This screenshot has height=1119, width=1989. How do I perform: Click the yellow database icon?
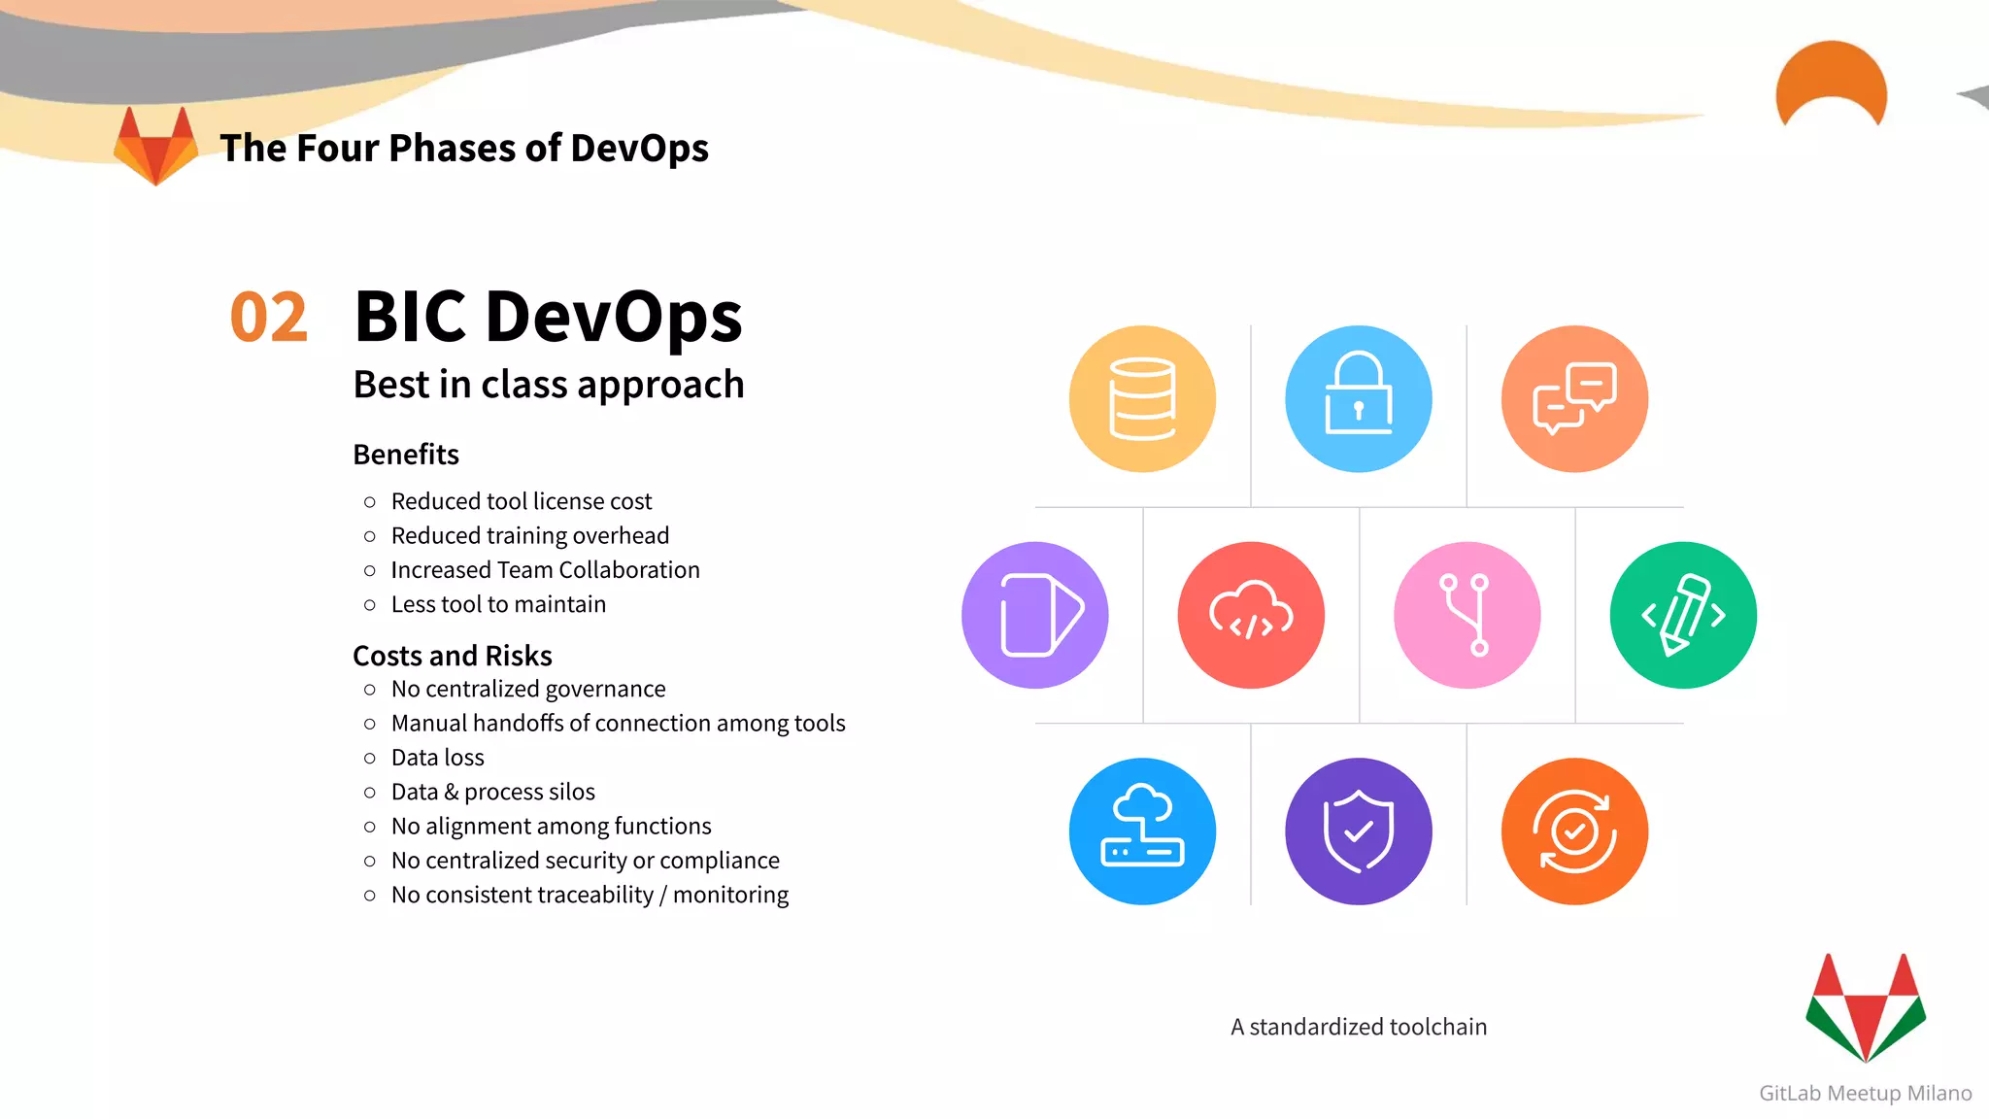click(x=1142, y=399)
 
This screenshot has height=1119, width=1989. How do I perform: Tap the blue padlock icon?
click(x=1358, y=399)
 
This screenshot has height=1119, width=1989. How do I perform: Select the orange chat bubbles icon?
click(x=1574, y=399)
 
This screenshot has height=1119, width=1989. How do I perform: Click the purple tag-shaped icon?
click(x=1035, y=615)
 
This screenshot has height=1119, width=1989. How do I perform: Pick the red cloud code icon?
click(x=1251, y=615)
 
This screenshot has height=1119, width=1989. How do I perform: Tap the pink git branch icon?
click(x=1466, y=615)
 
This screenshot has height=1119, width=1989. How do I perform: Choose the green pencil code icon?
click(x=1683, y=615)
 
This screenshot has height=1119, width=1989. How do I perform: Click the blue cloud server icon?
click(x=1142, y=831)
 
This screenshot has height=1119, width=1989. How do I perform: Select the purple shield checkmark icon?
click(x=1358, y=831)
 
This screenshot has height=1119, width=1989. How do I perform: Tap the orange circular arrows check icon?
click(x=1574, y=831)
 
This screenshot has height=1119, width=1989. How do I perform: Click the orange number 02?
click(x=269, y=318)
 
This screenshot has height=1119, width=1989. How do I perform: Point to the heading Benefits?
click(x=406, y=455)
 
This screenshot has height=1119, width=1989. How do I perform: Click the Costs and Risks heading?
click(x=453, y=656)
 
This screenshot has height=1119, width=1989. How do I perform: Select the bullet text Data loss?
click(x=437, y=758)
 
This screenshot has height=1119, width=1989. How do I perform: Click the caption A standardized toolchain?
click(x=1359, y=1027)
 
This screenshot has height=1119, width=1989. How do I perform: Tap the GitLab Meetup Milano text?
click(x=1865, y=1093)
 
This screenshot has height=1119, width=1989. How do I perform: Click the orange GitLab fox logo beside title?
click(x=155, y=146)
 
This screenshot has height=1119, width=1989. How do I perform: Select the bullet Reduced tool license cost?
click(x=522, y=501)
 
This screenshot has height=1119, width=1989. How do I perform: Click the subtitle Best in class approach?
click(x=549, y=385)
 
